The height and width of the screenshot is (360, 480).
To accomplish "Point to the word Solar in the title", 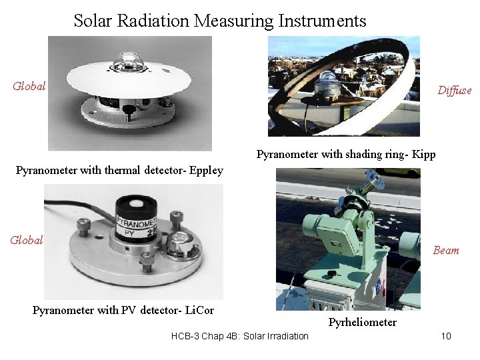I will tap(93, 21).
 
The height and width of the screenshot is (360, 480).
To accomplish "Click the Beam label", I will tap(446, 251).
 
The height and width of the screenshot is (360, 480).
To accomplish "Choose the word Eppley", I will tap(203, 170).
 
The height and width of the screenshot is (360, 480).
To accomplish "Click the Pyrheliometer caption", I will tap(363, 323).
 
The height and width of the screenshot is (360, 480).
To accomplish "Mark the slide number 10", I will tap(446, 335).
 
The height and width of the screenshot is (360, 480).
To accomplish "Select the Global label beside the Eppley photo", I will tap(30, 86).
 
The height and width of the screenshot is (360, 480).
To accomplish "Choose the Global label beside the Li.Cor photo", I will tap(27, 240).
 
